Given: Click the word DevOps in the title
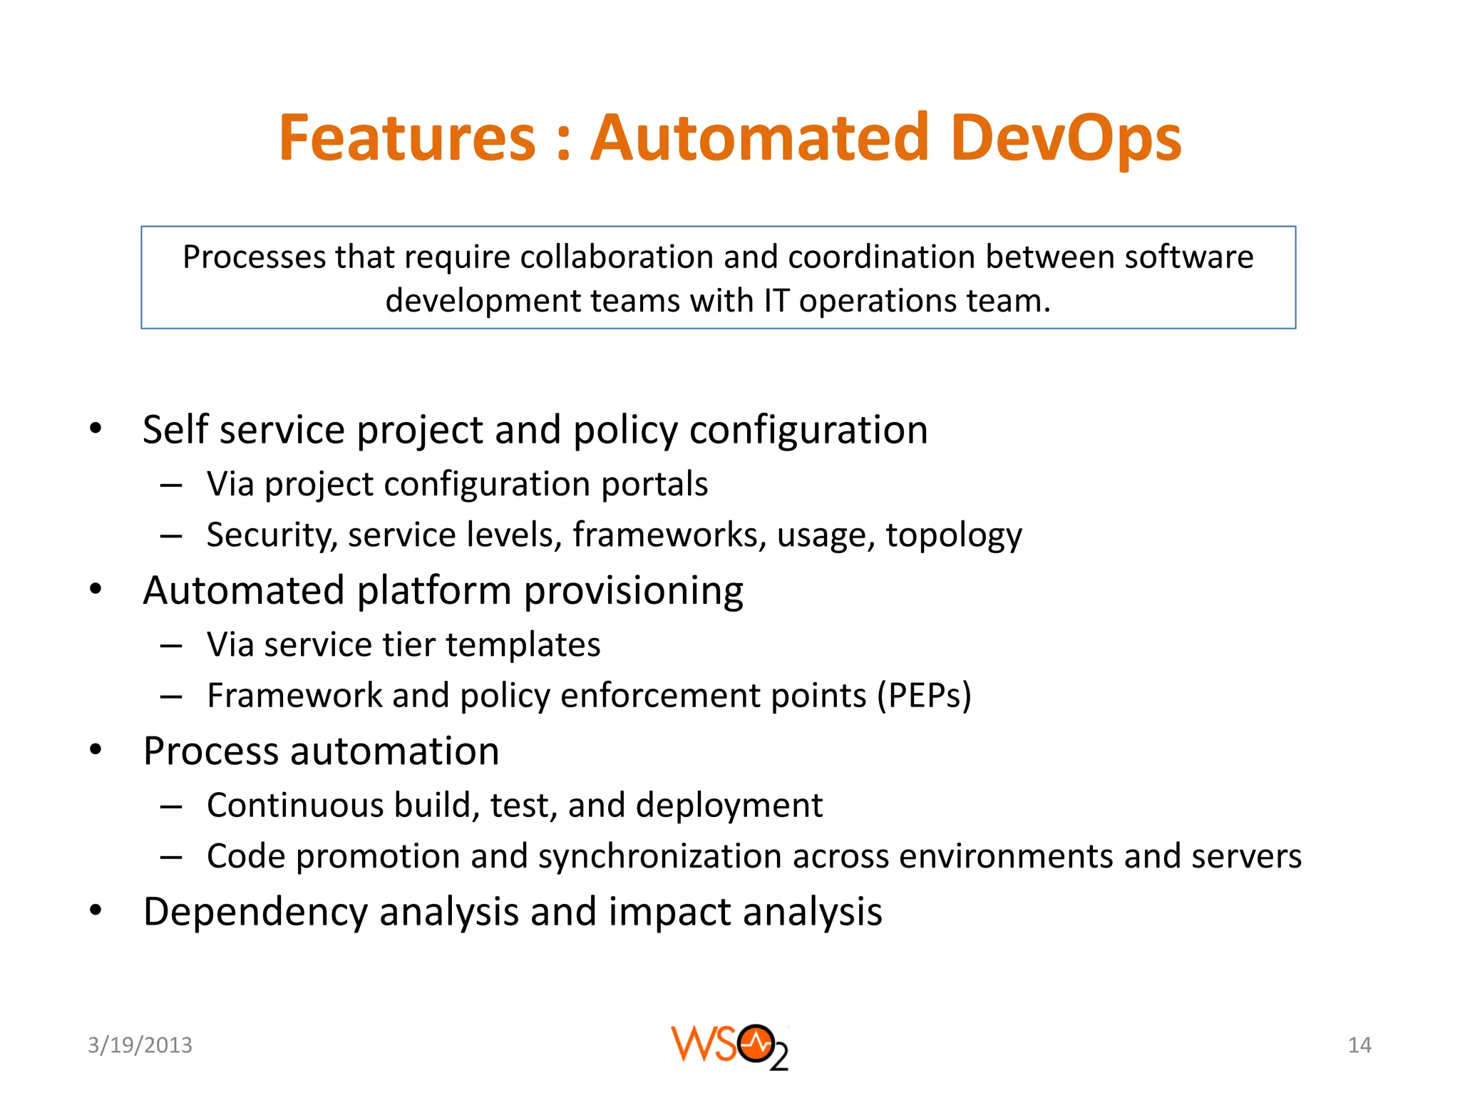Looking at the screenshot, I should point(1065,138).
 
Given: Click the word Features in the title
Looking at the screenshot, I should point(407,138).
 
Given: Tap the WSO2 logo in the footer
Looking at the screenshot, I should point(729,1047).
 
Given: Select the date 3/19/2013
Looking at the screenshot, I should point(140,1045).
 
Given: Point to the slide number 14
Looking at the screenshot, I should point(1359,1045).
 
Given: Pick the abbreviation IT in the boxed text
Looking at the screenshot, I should point(776,301).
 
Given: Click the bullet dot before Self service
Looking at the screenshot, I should point(96,428).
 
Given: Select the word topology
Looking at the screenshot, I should point(954,535).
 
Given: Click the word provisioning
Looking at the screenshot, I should point(634,591).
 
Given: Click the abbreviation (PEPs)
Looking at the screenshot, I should point(924,696).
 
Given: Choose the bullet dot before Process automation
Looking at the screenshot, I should point(96,750).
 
